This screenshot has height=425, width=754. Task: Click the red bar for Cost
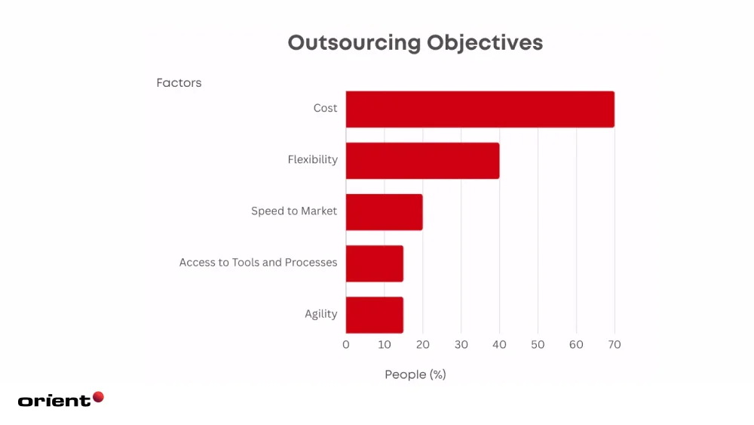click(x=480, y=109)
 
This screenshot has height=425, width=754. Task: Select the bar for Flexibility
click(x=422, y=161)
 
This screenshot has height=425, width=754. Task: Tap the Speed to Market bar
click(x=384, y=212)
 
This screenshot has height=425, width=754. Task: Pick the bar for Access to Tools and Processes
click(x=374, y=263)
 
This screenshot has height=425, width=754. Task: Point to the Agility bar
click(x=374, y=315)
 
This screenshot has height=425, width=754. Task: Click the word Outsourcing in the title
click(x=354, y=42)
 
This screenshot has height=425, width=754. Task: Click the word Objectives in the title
click(x=485, y=42)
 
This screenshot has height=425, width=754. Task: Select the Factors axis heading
click(x=179, y=83)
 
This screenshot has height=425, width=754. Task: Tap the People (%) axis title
click(x=415, y=374)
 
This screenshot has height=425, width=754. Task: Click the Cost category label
click(x=325, y=109)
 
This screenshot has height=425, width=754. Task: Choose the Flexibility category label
click(x=312, y=160)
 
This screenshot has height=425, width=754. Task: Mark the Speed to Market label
click(x=294, y=211)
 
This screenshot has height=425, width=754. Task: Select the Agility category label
click(x=320, y=314)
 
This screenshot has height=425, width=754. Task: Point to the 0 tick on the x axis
click(x=346, y=345)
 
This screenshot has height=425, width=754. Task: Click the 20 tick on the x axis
click(x=423, y=345)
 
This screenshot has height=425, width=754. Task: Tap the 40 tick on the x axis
click(x=499, y=345)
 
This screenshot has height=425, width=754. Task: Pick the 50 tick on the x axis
click(x=538, y=345)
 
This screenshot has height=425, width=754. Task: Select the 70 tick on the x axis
click(x=615, y=345)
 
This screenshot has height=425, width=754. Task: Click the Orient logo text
click(x=54, y=401)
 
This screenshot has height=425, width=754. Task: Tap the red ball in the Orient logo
click(x=98, y=397)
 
